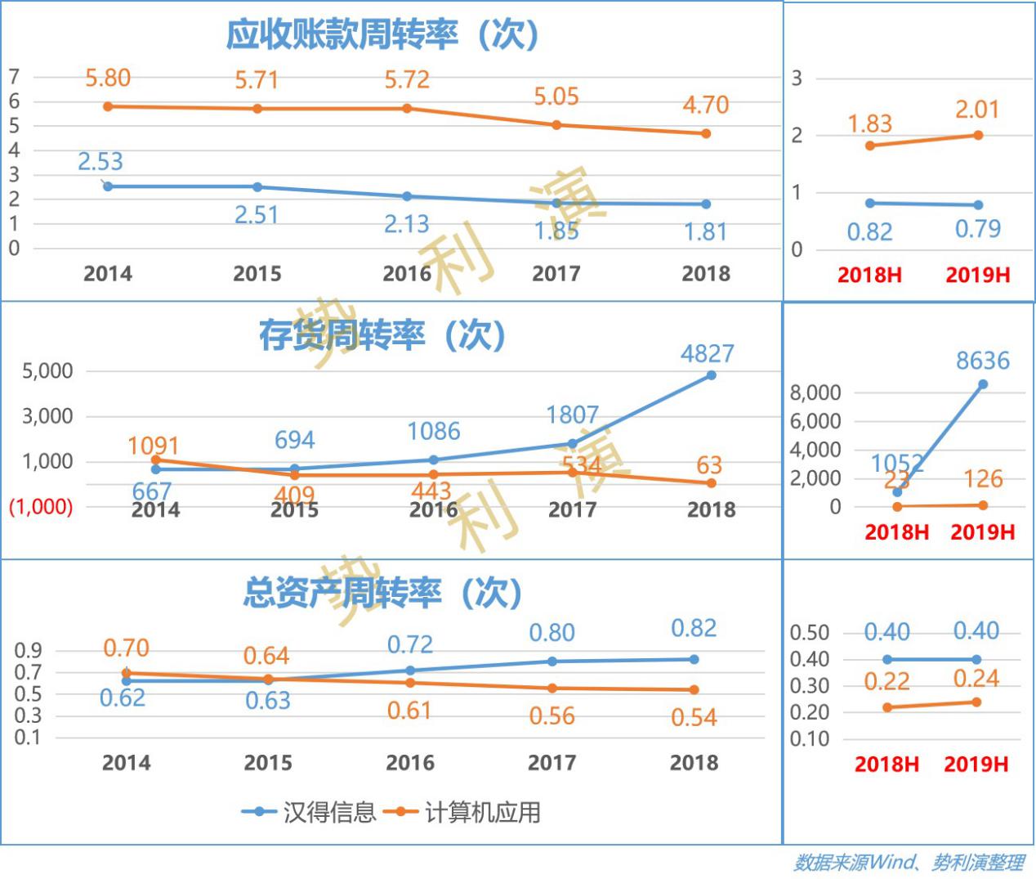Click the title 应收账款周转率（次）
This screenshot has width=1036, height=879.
382,34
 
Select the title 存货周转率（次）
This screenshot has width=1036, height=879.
382,335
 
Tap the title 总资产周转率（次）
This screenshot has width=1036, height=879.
382,593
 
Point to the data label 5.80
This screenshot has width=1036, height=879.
108,78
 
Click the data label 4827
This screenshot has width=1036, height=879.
708,353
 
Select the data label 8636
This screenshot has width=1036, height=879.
983,361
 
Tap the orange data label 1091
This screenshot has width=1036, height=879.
154,446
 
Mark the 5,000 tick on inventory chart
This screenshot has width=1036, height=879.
47,371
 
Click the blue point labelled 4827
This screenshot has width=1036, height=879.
711,375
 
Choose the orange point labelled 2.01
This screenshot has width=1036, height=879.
978,135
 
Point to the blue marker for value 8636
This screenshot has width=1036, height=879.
983,384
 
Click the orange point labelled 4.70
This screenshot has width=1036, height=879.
706,133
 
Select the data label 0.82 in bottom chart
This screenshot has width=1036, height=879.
694,628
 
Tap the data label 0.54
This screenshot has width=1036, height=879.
694,717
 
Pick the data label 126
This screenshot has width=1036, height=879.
983,479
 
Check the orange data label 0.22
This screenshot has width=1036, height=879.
887,681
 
